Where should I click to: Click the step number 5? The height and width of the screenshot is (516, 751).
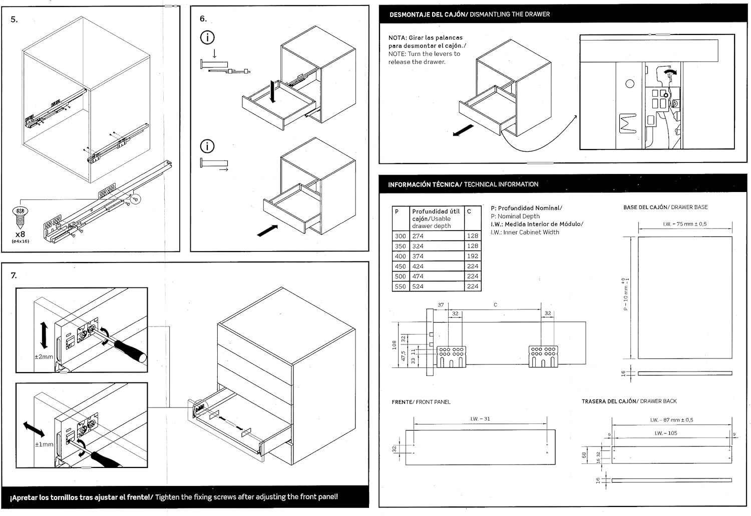click(x=14, y=19)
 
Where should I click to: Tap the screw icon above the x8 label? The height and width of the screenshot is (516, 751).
click(x=20, y=215)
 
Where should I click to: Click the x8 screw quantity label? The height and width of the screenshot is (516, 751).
click(x=20, y=234)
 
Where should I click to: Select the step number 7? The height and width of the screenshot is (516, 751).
click(x=14, y=275)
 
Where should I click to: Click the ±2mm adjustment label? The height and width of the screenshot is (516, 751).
click(x=44, y=357)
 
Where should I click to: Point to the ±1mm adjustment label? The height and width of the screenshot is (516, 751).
click(x=44, y=444)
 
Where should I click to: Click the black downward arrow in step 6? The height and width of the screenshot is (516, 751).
click(x=272, y=92)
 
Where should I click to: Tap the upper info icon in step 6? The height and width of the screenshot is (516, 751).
click(x=207, y=37)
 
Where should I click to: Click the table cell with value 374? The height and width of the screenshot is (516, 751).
click(x=418, y=256)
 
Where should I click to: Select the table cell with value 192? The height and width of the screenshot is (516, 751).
click(x=472, y=256)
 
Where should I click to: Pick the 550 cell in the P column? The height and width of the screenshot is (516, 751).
click(x=400, y=286)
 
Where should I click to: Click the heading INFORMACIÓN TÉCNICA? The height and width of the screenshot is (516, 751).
click(x=424, y=184)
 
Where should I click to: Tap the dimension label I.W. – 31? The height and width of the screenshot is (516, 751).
click(x=480, y=419)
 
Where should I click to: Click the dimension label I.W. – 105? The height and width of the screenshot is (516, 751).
click(x=665, y=433)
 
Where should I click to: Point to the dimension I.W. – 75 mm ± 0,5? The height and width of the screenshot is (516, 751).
click(x=684, y=224)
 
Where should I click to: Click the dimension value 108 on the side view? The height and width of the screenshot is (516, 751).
click(x=395, y=344)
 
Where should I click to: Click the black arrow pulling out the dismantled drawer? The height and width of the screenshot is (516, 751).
click(x=463, y=130)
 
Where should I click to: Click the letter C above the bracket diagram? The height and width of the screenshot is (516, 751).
click(x=495, y=304)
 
